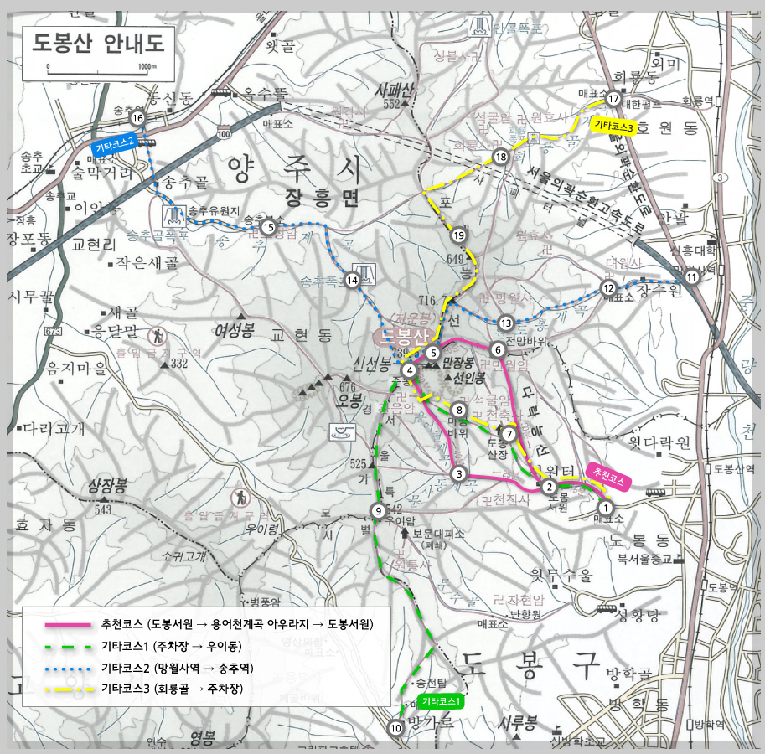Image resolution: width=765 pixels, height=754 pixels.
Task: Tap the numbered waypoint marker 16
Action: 137,119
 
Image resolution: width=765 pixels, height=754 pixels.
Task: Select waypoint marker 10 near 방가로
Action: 395,729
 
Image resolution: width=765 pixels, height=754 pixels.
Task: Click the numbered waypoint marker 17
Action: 613,99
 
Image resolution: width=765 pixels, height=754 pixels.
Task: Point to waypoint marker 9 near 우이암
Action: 379,511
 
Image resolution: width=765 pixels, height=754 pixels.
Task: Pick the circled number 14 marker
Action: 353,281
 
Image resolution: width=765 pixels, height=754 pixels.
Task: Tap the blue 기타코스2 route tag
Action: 115,146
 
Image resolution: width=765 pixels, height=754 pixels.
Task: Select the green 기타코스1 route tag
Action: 442,700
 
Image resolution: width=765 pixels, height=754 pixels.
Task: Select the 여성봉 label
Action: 234,328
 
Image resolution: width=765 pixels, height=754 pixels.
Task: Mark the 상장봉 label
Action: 110,487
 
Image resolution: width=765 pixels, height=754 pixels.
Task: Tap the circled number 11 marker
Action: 691,276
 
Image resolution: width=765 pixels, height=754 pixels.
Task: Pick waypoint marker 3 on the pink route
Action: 458,474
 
